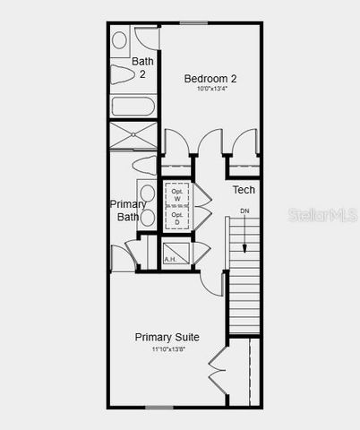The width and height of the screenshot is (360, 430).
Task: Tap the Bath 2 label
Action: click(141, 67)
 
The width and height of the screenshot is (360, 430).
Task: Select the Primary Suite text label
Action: click(167, 337)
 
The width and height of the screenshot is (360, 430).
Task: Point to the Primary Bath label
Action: click(127, 211)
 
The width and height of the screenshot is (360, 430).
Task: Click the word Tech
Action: click(244, 190)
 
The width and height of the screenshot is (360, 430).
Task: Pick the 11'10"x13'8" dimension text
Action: click(167, 349)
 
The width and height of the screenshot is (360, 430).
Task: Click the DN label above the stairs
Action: click(244, 211)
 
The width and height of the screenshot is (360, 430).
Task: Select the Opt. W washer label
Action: click(177, 194)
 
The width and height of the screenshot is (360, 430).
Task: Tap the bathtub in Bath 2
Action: click(133, 106)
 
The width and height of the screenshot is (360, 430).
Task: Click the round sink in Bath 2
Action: click(119, 40)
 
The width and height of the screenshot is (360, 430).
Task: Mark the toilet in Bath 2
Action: click(122, 73)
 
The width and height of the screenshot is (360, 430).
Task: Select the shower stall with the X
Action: click(133, 135)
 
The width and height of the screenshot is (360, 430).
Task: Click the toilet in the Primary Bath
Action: click(144, 164)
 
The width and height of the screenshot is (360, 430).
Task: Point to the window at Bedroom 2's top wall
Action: click(194, 23)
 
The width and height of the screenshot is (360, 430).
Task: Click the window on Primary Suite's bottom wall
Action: click(159, 408)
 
